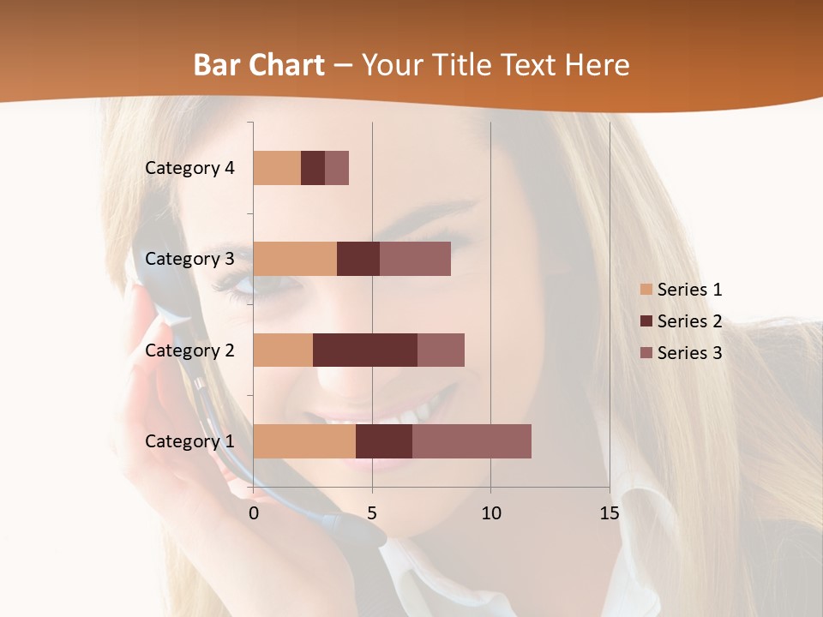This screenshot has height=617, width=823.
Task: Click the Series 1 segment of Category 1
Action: coord(304,441)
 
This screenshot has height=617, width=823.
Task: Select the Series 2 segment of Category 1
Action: coord(384,441)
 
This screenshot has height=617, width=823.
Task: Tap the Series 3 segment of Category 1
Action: coord(472,441)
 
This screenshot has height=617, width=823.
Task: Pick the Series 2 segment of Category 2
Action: coord(365,350)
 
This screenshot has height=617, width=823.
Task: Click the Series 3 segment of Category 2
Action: coord(441,350)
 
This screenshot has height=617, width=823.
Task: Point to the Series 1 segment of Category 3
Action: coord(295,259)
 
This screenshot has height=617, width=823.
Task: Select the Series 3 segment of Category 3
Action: coord(415,259)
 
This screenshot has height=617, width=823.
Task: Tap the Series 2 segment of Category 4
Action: coord(313,168)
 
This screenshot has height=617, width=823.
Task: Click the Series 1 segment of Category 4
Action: coord(277,168)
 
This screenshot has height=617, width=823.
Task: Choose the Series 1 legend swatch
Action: coord(646,290)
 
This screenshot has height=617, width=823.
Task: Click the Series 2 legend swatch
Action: coord(646,321)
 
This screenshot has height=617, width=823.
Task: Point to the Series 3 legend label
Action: coord(689,352)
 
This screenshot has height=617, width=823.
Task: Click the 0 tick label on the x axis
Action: coord(254,513)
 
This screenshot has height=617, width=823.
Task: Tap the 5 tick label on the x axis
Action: coord(372,513)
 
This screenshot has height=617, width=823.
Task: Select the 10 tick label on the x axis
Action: coord(490,513)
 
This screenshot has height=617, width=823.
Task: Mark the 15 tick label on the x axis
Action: coord(609,513)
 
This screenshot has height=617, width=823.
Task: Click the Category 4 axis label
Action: coord(189,168)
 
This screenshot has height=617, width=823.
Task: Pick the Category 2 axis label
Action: coord(189,350)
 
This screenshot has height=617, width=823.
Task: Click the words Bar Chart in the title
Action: coord(259,65)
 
